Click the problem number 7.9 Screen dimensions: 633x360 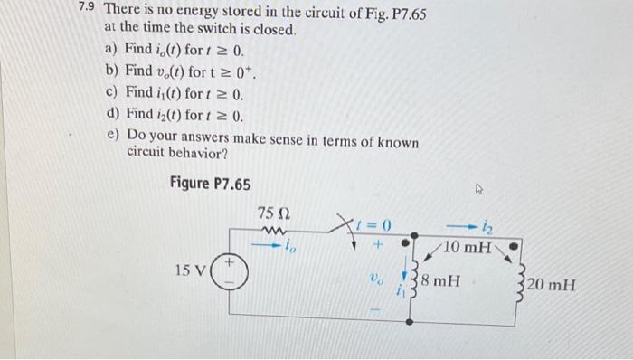[x=88, y=11]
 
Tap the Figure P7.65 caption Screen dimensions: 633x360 [x=210, y=184]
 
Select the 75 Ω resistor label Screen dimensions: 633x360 [x=272, y=213]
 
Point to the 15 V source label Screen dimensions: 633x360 [x=187, y=270]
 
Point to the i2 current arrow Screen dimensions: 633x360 [x=478, y=225]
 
